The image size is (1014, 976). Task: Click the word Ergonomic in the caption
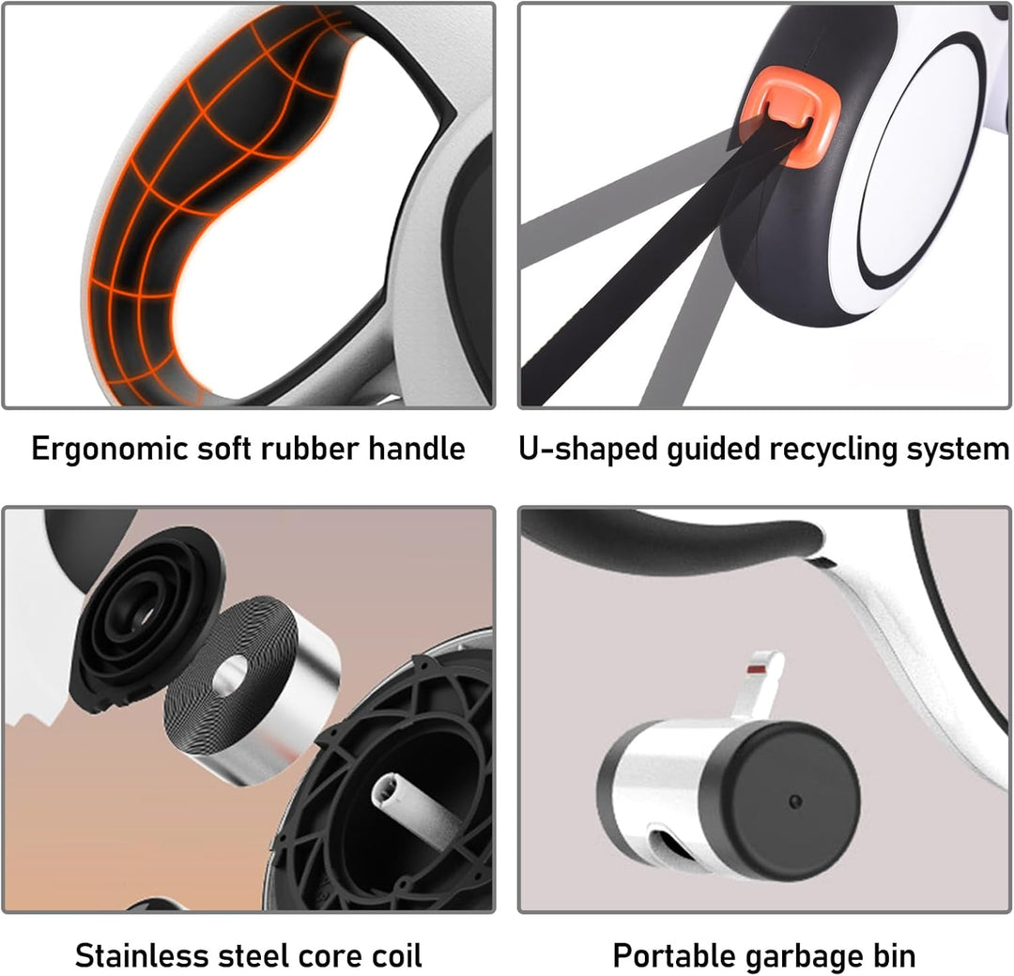(x=109, y=449)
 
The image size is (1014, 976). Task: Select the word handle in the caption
(x=417, y=448)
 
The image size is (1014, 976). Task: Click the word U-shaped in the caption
(x=588, y=449)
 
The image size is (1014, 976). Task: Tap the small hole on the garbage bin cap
(x=795, y=801)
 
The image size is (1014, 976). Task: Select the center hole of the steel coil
(x=230, y=677)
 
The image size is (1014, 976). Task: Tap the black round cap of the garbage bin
(x=784, y=801)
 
